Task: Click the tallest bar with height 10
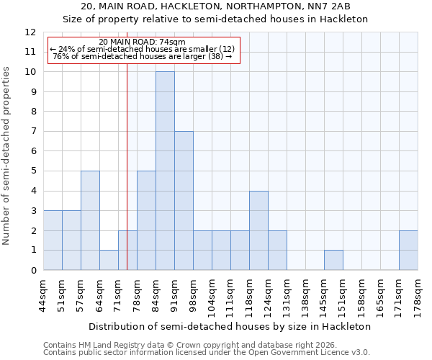[x=165, y=171]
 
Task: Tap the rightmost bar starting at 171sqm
[x=408, y=251]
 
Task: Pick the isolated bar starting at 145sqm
[x=333, y=260]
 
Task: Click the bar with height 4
[x=258, y=230]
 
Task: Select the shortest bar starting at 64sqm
[x=109, y=260]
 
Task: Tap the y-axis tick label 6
[x=33, y=151]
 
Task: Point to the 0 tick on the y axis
[x=33, y=271]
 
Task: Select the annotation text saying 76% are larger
[x=143, y=56]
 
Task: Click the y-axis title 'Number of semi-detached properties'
[x=7, y=156]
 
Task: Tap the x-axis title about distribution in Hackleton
[x=230, y=326]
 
